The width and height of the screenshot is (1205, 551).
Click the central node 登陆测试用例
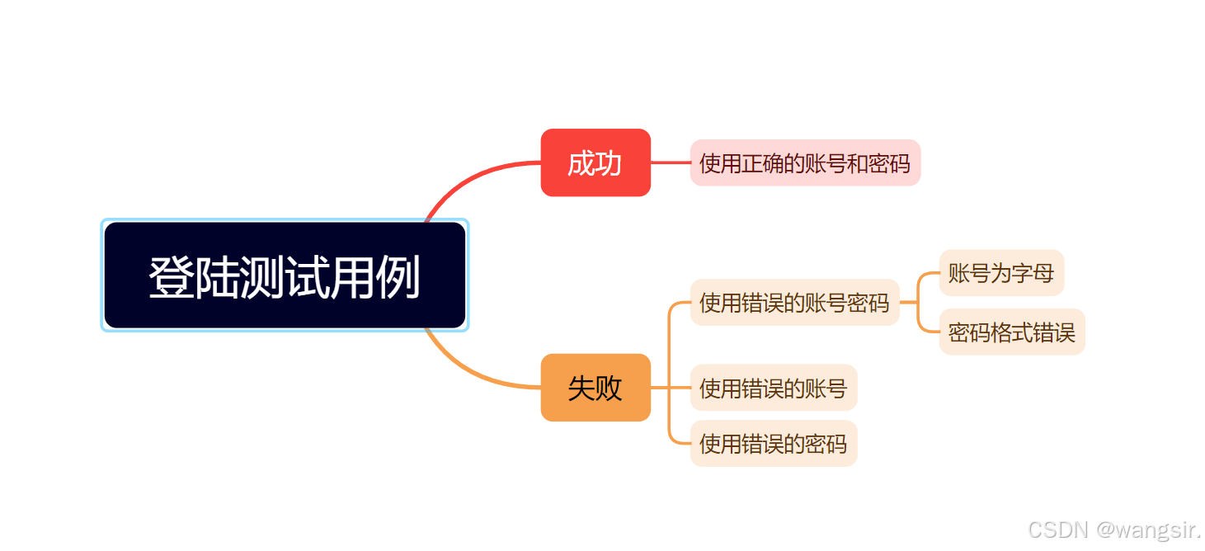pos(285,275)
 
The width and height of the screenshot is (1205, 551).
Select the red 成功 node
pos(595,162)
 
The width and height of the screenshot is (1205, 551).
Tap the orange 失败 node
pos(595,388)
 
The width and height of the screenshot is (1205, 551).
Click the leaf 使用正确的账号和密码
pos(804,162)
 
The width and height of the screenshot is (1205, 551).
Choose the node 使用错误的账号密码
pos(793,303)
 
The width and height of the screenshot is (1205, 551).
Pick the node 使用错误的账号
pos(773,388)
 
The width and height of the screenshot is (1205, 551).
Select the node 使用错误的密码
pos(773,444)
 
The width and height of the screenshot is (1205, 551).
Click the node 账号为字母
pos(1000,273)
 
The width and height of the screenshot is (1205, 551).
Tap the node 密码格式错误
pos(1011,332)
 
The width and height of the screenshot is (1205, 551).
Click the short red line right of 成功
pos(670,162)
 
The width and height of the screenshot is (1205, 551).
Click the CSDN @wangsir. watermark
pos(1114,530)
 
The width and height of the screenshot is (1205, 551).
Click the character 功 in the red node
pos(609,163)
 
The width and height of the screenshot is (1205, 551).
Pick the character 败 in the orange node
pos(609,389)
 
